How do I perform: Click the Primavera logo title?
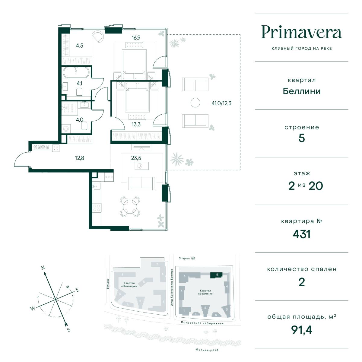tap(301, 32)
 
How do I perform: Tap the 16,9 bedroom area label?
tap(136, 38)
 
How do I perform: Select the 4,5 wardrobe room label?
tap(79, 46)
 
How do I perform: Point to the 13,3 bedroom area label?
tap(136, 124)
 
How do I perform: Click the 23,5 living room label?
tap(136, 158)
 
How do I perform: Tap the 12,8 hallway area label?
tap(79, 158)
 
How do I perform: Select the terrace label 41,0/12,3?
tap(221, 103)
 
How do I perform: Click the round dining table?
tap(130, 207)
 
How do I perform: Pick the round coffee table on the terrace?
tap(195, 103)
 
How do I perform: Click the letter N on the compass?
tap(43, 268)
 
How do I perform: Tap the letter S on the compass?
tap(68, 330)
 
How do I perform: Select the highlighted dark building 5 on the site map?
tap(216, 275)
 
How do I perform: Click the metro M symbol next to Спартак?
tap(193, 258)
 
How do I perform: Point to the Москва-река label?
tap(207, 350)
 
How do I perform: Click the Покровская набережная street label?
tap(202, 323)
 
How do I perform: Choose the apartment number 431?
tap(301, 234)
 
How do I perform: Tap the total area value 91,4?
tap(301, 330)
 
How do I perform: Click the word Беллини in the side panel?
tap(301, 91)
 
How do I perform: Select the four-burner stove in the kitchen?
tap(97, 208)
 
